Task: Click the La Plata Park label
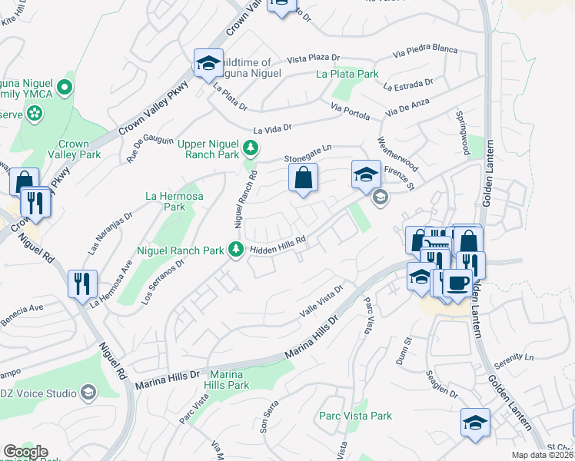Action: tap(347, 75)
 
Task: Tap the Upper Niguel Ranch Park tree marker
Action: tap(250, 148)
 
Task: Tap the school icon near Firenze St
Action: tap(366, 175)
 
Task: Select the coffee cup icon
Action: tap(457, 282)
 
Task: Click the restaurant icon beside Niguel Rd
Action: tap(82, 284)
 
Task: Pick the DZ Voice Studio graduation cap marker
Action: tap(88, 393)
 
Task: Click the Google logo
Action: tap(25, 452)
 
